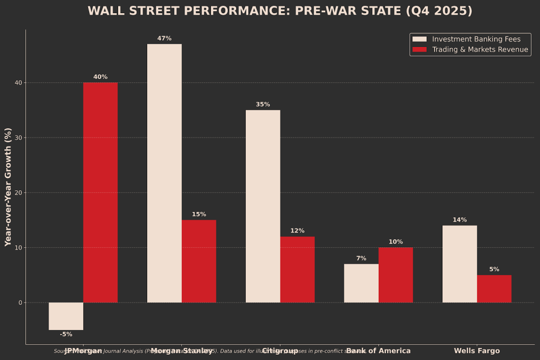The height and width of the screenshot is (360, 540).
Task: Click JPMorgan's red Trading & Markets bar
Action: tap(100, 192)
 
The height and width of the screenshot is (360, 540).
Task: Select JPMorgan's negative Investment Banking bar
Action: tap(66, 316)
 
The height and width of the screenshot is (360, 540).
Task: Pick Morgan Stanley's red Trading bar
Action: tap(199, 261)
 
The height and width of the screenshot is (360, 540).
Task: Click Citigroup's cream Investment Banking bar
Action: tap(263, 206)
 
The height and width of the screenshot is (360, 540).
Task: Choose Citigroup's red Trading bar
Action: tap(297, 269)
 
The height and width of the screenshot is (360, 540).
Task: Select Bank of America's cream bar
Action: tap(361, 283)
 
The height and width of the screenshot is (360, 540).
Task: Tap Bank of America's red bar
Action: tap(396, 275)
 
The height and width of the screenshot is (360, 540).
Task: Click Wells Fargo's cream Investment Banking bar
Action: tap(459, 264)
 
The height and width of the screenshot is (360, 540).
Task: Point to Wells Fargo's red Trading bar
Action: tap(494, 288)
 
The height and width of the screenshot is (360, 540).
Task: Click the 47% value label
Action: tap(164, 38)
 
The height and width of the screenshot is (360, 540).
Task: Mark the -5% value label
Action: tap(66, 334)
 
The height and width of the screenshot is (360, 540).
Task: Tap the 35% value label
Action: tap(263, 104)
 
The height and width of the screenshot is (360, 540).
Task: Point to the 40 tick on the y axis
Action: tap(18, 83)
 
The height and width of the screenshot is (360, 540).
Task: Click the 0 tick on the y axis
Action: tap(20, 303)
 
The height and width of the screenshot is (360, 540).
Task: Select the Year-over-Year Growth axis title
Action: tap(8, 187)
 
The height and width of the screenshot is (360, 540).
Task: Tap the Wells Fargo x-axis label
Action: tap(477, 351)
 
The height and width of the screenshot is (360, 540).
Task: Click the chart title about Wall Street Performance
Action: tap(279, 11)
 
